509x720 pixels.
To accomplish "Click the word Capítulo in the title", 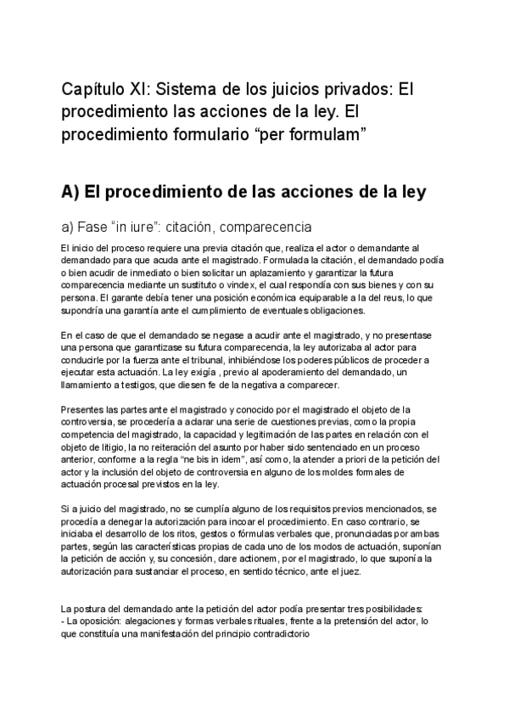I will [x=95, y=89].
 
